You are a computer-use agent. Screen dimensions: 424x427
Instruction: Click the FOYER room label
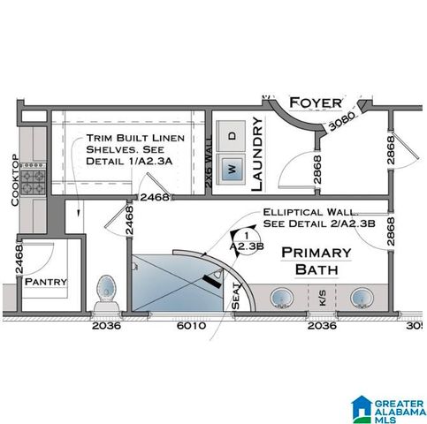[315, 100]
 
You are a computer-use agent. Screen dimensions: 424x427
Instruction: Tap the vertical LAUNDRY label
[258, 154]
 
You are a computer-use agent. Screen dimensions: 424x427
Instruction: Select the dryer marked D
[233, 135]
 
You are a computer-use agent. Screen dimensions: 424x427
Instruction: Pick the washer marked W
[232, 168]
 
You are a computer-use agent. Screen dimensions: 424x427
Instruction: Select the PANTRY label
[40, 282]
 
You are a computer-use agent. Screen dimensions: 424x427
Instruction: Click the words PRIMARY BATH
[316, 260]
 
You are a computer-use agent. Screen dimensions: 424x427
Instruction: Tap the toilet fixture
[106, 287]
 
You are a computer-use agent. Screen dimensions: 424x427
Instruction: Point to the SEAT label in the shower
[235, 295]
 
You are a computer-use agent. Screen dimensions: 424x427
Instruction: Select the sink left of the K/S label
[283, 298]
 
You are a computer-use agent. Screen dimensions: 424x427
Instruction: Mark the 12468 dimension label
[153, 197]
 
